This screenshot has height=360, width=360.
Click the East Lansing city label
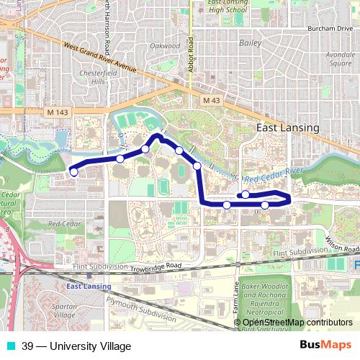point(288,127)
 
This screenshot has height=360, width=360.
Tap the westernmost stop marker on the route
point(73,171)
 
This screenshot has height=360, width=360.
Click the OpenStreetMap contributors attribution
point(297,323)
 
